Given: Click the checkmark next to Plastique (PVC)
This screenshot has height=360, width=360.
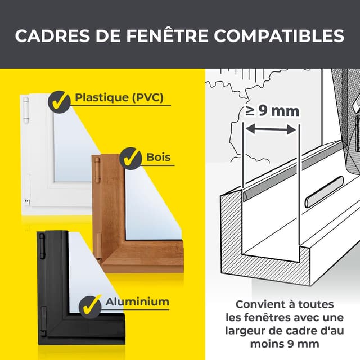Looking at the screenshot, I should (x=58, y=101).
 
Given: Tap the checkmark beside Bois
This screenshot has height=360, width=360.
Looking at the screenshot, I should (x=130, y=158).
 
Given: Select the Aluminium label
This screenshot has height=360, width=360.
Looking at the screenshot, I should (x=137, y=301).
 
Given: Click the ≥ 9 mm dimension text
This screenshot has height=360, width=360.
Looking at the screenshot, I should (x=272, y=111).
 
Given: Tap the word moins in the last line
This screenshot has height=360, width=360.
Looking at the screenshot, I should (x=258, y=343).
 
